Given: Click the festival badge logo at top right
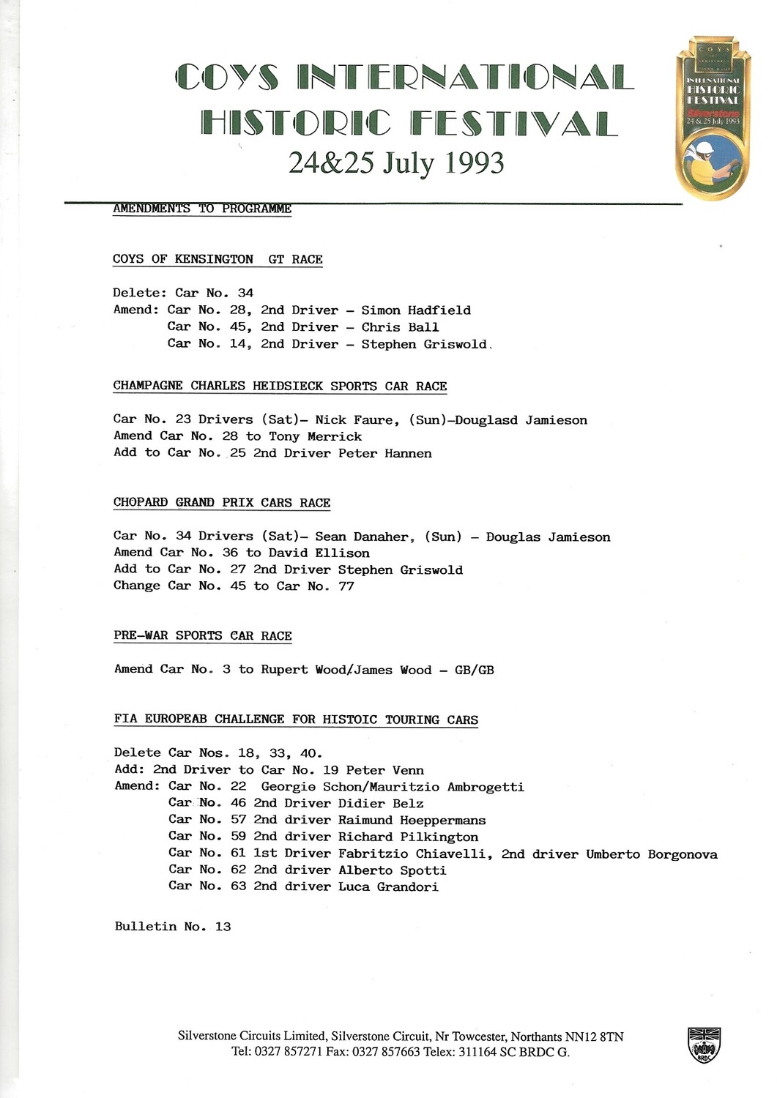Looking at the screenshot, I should tap(712, 117).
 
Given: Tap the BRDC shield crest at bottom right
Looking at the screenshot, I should tap(704, 1045).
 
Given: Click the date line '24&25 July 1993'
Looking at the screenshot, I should tap(396, 163).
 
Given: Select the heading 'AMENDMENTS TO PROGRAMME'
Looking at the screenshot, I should tap(202, 209).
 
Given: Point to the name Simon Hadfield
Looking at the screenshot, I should tap(416, 310).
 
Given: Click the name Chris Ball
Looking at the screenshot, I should tap(400, 327).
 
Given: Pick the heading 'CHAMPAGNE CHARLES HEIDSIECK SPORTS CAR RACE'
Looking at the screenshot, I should tap(280, 386).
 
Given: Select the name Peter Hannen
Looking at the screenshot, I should tap(385, 453).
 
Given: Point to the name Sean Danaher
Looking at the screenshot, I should tap(362, 537).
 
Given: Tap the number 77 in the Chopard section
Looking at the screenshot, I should tap(346, 586).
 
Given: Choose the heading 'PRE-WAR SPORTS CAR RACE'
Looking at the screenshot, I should tap(203, 635).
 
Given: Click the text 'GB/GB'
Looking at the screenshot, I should tap(475, 670).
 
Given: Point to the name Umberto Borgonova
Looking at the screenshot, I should tap(652, 854).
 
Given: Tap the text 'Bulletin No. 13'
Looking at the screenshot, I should tap(173, 927).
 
